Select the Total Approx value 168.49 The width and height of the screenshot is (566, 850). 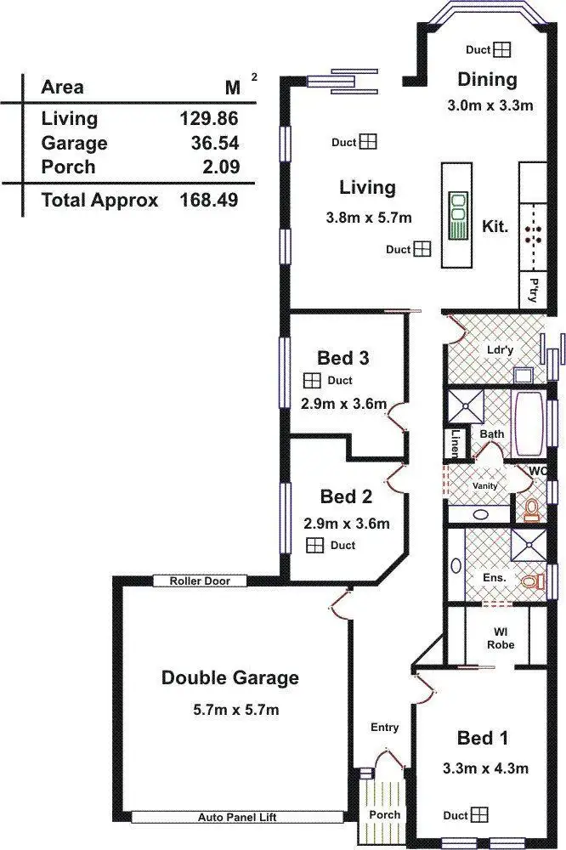click(x=208, y=201)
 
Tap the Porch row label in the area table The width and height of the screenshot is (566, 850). click(x=68, y=167)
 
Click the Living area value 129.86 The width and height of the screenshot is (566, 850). click(x=208, y=119)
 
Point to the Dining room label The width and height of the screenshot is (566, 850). click(x=487, y=80)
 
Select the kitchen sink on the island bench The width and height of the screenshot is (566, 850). click(x=458, y=216)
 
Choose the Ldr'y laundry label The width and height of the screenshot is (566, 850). click(x=499, y=349)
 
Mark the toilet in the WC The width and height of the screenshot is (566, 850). click(x=532, y=509)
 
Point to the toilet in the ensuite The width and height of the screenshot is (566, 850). click(x=533, y=582)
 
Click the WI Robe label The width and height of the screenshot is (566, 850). click(x=496, y=637)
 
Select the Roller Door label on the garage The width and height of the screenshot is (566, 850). click(x=199, y=581)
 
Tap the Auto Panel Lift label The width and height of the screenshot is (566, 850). click(x=237, y=817)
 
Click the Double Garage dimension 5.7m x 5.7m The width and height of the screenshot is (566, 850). click(x=230, y=710)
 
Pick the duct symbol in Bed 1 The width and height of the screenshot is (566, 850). click(x=480, y=815)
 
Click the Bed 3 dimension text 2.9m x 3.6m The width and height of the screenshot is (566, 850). click(x=344, y=403)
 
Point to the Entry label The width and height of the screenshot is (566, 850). click(x=384, y=727)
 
